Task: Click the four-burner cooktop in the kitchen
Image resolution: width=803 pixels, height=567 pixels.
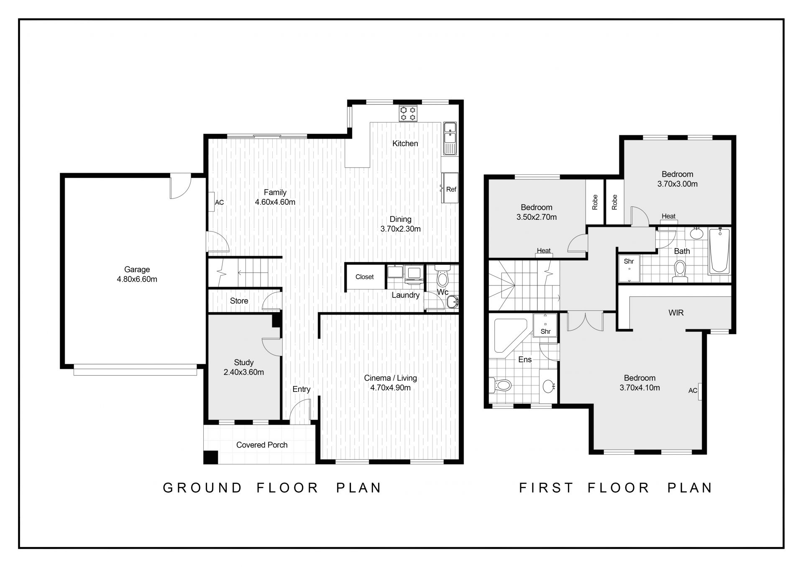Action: [408, 113]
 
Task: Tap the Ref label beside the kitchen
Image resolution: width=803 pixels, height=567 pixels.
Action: [451, 189]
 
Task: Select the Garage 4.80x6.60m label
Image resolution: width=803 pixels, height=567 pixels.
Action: [137, 275]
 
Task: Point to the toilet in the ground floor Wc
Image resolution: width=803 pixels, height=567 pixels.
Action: [442, 275]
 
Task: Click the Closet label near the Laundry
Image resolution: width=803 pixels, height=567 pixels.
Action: [364, 277]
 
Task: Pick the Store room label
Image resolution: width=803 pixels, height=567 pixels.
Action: [239, 301]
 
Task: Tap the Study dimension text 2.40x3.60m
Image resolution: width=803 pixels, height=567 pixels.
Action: [244, 372]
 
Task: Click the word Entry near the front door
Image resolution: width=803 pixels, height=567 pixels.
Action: [301, 389]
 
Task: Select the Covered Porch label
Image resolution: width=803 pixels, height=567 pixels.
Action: [262, 445]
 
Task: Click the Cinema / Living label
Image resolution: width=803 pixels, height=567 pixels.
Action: [390, 378]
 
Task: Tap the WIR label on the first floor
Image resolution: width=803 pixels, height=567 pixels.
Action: [676, 313]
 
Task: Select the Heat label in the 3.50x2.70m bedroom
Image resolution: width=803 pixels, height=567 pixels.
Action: [544, 251]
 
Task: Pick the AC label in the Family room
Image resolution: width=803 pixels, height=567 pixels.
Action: [219, 203]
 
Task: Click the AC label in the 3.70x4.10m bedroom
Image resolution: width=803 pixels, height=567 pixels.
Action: [693, 391]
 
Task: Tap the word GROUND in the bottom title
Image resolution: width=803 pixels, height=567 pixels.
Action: [202, 488]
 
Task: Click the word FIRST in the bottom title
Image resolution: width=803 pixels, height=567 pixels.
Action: [546, 488]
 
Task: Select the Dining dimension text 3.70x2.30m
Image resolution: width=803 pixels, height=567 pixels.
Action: [400, 229]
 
